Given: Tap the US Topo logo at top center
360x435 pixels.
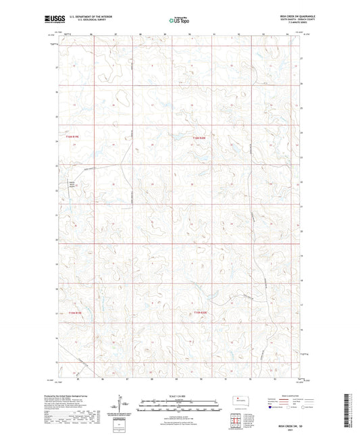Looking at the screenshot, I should (178, 21).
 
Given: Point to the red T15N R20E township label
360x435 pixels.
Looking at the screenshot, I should (198, 313).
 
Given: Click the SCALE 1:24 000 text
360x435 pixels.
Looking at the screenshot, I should (179, 396).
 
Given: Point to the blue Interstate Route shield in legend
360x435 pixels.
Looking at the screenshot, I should (272, 407).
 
